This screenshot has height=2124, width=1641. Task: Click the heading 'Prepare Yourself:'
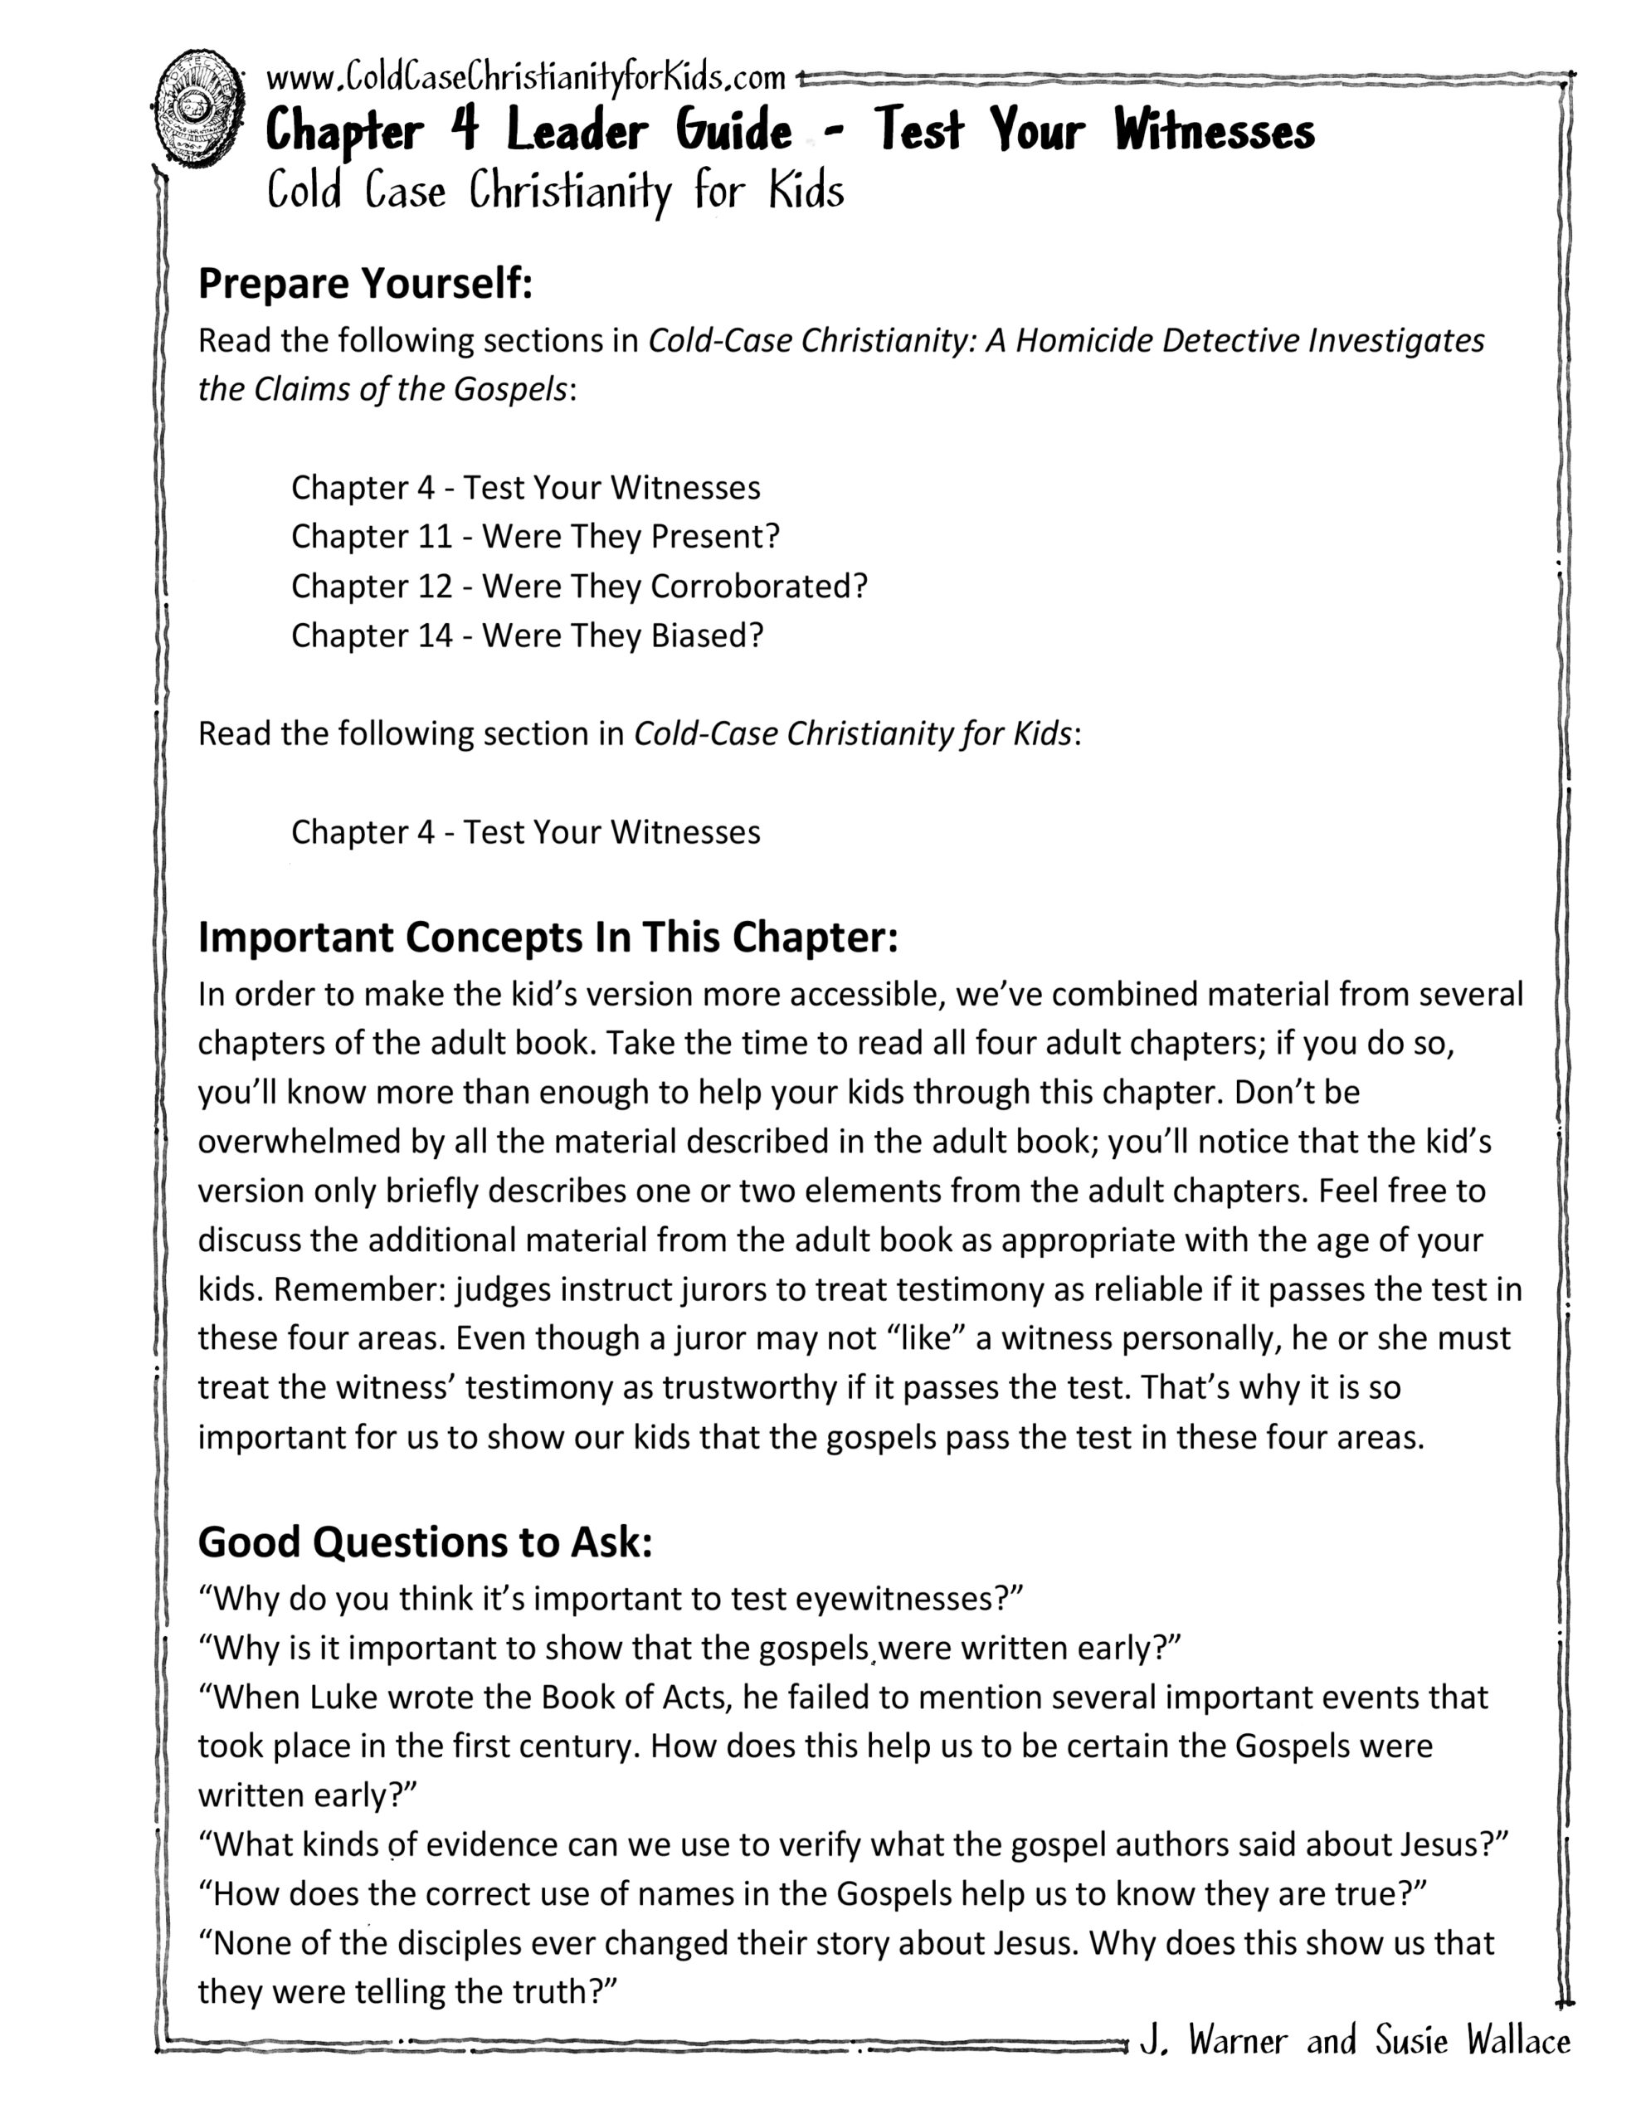coord(365,283)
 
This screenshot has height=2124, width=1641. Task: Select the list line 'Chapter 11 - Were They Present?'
coord(535,536)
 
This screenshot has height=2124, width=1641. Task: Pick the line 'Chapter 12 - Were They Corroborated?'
coord(579,586)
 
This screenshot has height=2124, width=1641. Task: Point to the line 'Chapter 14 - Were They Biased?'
coord(527,635)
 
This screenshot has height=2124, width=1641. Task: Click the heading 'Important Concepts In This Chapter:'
coord(548,937)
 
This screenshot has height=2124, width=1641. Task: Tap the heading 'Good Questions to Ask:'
coord(425,1542)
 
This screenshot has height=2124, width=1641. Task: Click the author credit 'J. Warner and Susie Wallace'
coord(1355,2039)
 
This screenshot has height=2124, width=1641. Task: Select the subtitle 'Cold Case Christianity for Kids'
coord(555,191)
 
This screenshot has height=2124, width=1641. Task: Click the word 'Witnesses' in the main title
coord(1214,130)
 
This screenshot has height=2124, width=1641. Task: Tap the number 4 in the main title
coord(465,130)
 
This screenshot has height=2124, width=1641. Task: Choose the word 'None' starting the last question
coord(252,1942)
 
